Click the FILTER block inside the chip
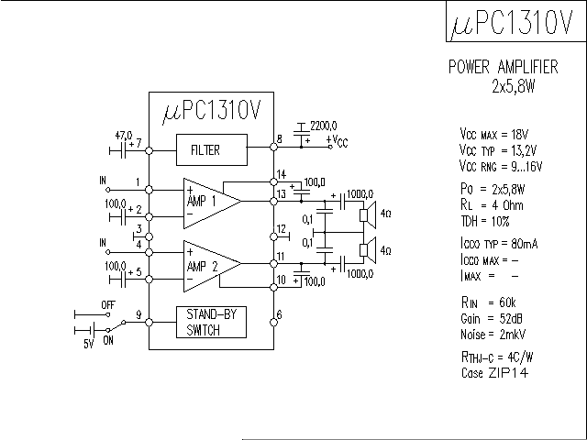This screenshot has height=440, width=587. coord(212,149)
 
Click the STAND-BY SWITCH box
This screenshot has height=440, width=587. coord(212,322)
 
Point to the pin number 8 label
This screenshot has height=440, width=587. coord(279,141)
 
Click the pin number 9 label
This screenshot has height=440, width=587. coord(139,314)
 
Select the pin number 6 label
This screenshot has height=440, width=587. coord(280,314)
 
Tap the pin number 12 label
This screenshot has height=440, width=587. coord(282,228)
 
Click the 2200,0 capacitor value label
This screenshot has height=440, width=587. coord(324,125)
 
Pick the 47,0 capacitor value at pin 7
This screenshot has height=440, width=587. coord(123,134)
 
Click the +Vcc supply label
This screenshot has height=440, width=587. coord(337,141)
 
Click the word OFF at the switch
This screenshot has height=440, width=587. coord(107,303)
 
